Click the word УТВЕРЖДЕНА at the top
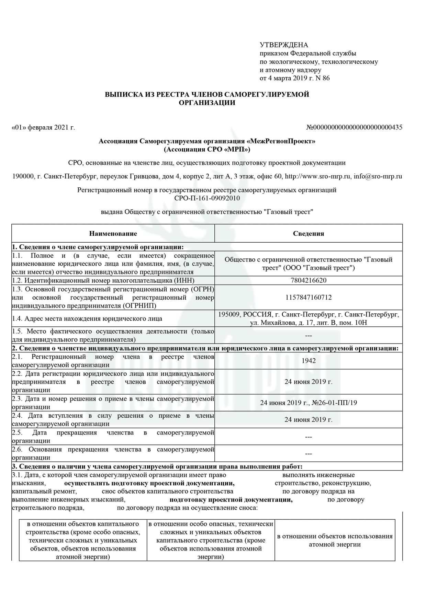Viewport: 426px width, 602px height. coord(284,45)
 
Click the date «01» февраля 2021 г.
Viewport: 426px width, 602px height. coord(43,128)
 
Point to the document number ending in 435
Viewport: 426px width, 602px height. coord(354,128)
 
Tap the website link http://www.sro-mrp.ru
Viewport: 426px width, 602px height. coord(318,176)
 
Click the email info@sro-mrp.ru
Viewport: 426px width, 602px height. coord(378,176)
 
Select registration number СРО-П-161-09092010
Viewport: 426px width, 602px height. coord(207,198)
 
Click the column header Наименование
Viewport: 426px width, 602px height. coord(113,234)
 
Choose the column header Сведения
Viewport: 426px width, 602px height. coord(308,234)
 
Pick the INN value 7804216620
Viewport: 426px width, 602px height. coord(308,280)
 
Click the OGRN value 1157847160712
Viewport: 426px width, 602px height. coord(308,297)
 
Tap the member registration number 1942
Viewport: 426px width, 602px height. coord(308,361)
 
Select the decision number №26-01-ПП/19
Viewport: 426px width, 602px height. coord(334,403)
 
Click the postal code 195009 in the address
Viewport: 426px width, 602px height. coord(228,314)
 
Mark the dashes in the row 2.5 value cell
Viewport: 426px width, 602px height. coord(308,437)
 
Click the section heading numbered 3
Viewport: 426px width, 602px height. coord(157,466)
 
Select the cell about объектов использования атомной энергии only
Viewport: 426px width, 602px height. coord(335,540)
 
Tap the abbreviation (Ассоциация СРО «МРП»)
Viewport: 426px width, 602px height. coord(207,149)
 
